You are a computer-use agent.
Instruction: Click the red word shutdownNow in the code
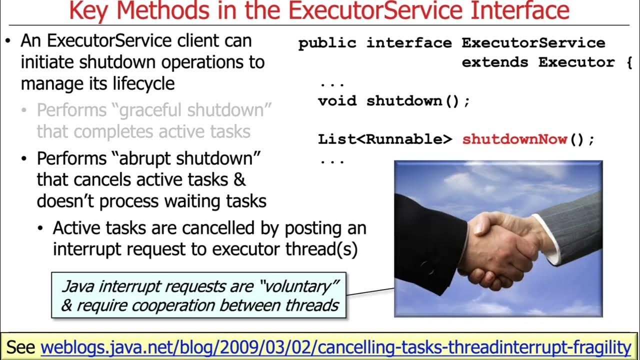[x=515, y=139]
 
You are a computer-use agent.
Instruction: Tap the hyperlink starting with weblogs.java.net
[x=335, y=347]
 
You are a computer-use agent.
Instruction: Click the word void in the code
[x=337, y=101]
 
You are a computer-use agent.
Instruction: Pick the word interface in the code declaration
[x=409, y=43]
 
